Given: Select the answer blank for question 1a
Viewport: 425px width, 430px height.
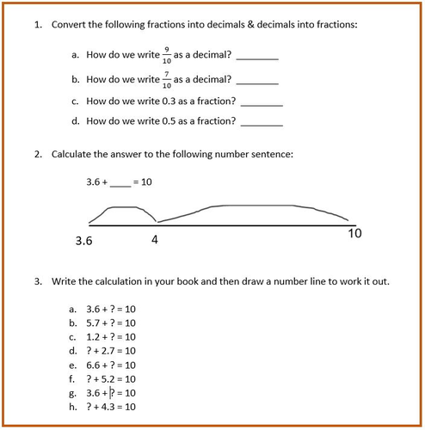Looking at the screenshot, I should [x=257, y=58].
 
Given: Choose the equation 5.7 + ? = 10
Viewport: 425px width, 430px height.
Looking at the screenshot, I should [x=111, y=322].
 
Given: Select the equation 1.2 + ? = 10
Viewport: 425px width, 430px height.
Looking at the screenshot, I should [x=111, y=336].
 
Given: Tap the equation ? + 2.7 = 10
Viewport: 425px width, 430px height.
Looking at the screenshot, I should [x=111, y=350].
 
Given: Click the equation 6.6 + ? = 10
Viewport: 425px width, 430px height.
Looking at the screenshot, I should [x=111, y=364].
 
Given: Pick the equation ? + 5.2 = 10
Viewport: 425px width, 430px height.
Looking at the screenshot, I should [x=111, y=378].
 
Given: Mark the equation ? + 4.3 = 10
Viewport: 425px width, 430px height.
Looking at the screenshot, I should [x=111, y=406].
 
